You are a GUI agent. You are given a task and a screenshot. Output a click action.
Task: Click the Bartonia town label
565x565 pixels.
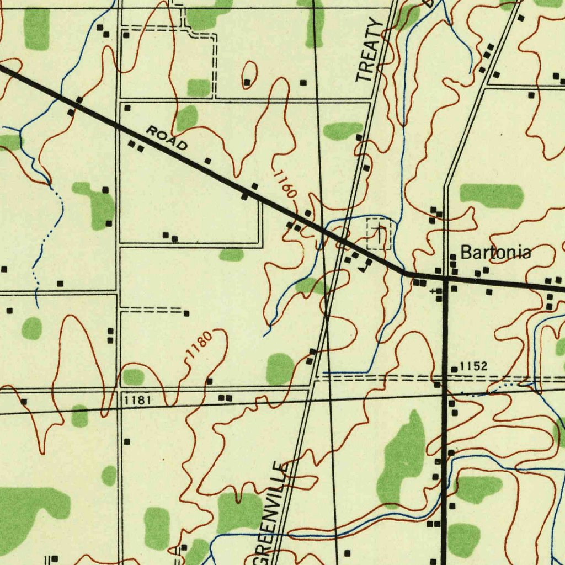(495, 253)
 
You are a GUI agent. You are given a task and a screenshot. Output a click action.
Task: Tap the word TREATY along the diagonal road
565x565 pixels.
(369, 50)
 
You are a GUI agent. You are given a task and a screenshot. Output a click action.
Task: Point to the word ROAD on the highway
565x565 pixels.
(167, 138)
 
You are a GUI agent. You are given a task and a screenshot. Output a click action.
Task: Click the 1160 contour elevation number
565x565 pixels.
(286, 184)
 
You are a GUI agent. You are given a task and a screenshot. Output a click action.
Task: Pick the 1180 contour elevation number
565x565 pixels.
(198, 347)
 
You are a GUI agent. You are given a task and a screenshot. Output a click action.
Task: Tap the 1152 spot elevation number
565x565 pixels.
(473, 366)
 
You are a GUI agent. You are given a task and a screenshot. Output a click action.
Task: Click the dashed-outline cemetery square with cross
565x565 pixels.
(379, 233)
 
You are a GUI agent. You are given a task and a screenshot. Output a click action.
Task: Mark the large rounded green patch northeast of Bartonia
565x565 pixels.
(491, 196)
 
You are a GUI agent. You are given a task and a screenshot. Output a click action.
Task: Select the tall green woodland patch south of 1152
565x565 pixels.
(402, 458)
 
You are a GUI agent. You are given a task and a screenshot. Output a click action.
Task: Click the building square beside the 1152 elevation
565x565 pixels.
(454, 369)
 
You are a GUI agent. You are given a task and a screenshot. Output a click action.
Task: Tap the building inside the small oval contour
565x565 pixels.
(247, 83)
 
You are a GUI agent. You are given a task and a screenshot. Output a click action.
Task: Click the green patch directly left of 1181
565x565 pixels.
(80, 415)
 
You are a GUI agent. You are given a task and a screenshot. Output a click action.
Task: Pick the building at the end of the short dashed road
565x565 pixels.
(186, 313)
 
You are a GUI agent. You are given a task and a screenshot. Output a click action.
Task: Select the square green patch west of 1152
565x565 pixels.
(280, 369)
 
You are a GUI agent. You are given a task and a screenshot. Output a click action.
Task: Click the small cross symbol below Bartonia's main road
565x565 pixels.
(433, 291)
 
